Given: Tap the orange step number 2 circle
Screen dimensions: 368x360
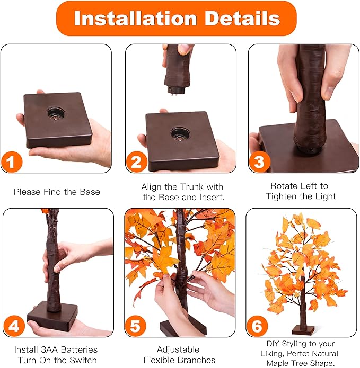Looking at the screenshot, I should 136,161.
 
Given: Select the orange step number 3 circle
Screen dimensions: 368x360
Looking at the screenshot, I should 259,161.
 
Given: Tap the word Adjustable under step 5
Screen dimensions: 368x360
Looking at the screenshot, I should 178,349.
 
